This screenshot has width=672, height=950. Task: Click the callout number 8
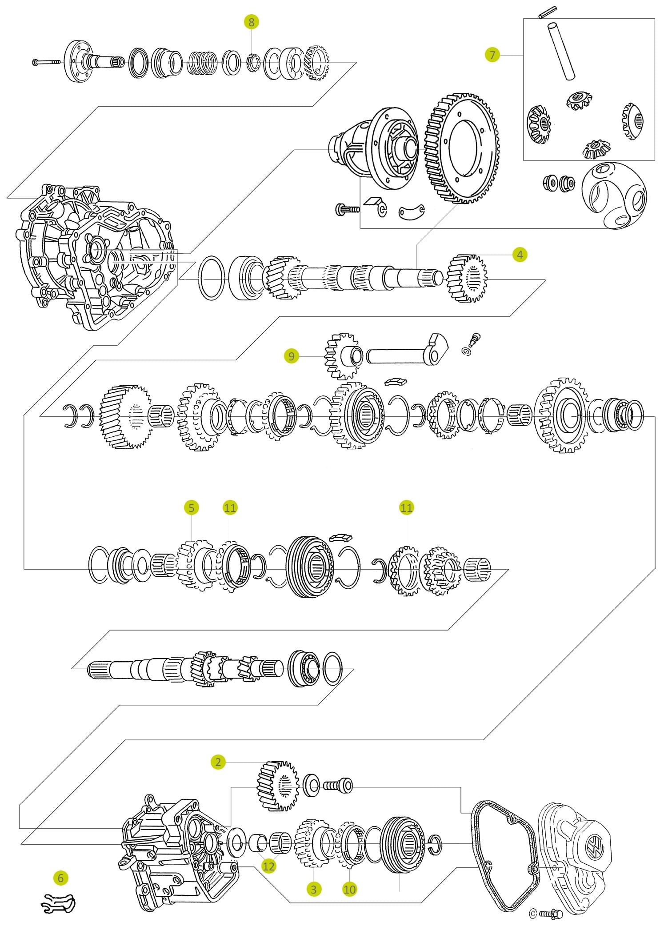(x=252, y=22)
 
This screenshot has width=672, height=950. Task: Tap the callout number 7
(x=492, y=55)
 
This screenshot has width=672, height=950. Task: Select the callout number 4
(x=520, y=255)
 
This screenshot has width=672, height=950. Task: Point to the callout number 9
(x=291, y=356)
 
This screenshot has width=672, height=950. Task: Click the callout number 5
(x=192, y=507)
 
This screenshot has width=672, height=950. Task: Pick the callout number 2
(x=218, y=762)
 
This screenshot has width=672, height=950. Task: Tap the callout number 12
(x=269, y=866)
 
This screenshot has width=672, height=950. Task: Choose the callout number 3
(x=314, y=889)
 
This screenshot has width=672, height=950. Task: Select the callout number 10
(x=350, y=889)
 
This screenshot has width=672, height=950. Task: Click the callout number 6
(x=61, y=878)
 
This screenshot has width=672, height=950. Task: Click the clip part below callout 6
(x=59, y=902)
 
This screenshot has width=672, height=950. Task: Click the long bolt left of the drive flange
(x=47, y=63)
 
